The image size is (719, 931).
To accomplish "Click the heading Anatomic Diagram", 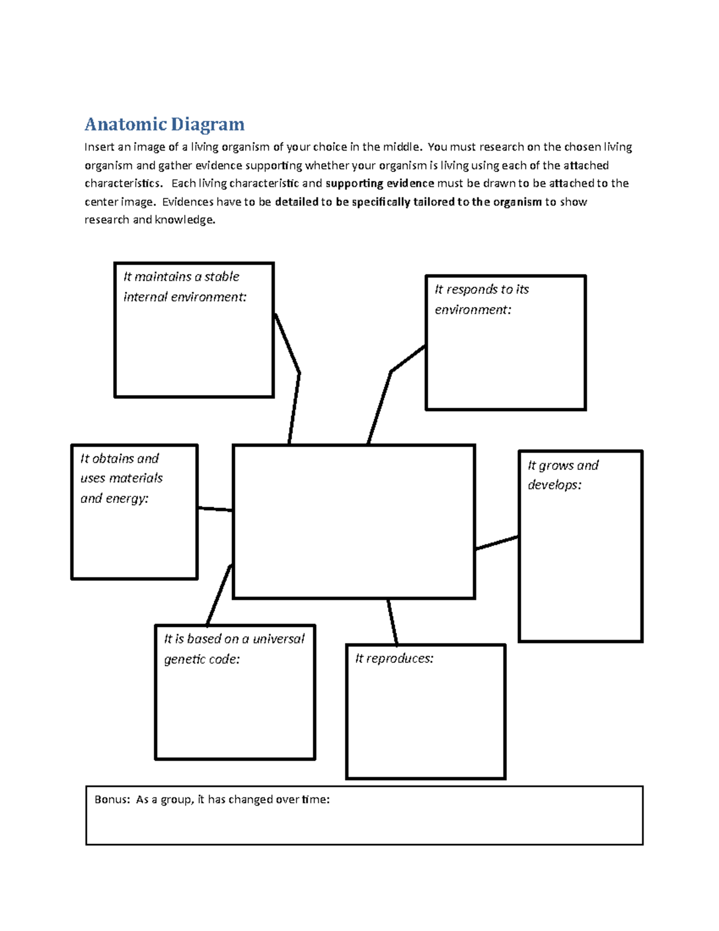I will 164,124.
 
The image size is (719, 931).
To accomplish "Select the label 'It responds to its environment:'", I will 481,299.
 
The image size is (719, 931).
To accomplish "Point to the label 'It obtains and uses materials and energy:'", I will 121,478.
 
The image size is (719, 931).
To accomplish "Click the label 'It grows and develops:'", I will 562,475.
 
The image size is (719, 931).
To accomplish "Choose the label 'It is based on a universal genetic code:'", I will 234,649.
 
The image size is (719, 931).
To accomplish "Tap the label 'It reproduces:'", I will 394,658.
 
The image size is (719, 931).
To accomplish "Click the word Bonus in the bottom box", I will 111,799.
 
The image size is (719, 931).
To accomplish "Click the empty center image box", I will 354,522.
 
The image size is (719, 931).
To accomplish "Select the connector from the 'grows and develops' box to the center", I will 497,543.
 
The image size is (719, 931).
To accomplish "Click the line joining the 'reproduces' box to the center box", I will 392,622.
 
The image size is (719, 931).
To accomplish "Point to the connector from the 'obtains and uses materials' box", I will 215,509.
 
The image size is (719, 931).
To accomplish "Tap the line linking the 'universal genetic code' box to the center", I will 219,595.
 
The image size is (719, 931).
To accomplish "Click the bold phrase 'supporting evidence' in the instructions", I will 379,183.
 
